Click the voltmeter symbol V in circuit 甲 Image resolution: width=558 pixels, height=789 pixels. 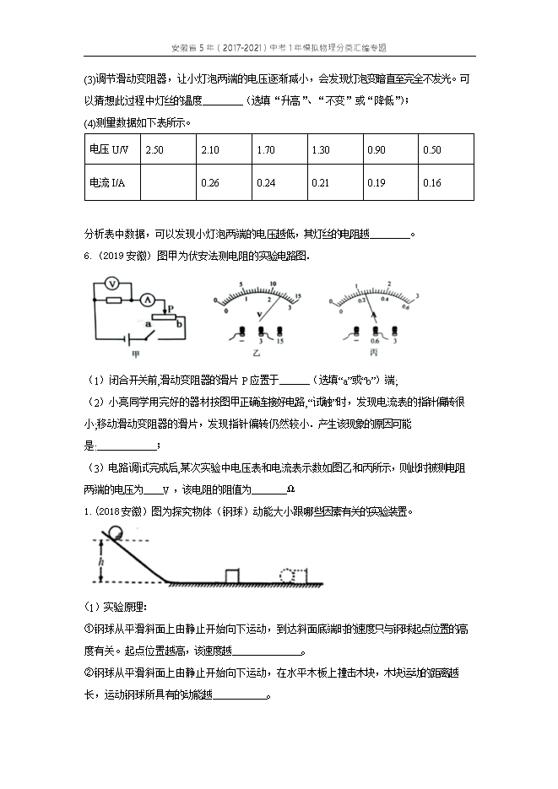click(x=111, y=286)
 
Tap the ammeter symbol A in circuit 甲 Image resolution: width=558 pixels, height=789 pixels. click(x=146, y=299)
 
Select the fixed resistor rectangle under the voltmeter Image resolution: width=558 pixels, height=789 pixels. click(x=111, y=299)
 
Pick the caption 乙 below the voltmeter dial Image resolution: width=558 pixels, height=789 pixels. click(x=258, y=354)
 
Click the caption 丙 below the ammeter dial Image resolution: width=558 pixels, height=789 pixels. click(x=373, y=354)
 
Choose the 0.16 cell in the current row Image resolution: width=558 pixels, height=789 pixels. click(x=432, y=183)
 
